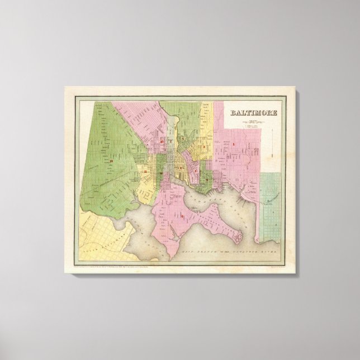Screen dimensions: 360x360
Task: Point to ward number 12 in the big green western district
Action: (112, 162)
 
